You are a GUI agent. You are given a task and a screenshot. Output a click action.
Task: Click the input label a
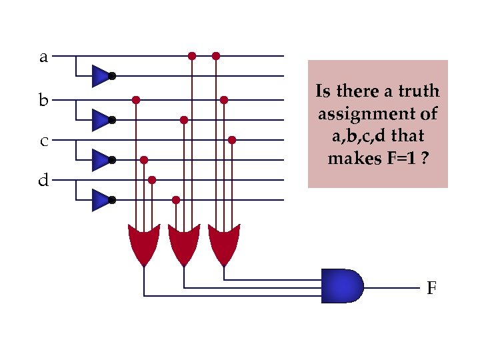[43, 57]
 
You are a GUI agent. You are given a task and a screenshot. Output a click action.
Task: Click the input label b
[43, 101]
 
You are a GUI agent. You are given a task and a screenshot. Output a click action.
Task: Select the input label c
[43, 141]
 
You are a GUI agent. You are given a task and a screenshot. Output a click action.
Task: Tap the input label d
[43, 181]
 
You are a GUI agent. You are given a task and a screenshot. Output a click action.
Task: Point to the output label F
[431, 289]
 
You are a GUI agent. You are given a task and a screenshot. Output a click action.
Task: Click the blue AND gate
[342, 286]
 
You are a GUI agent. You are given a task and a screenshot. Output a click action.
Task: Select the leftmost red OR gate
[143, 244]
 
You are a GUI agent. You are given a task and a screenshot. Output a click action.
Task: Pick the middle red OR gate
[183, 244]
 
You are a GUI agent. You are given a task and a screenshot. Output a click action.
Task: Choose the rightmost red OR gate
[223, 244]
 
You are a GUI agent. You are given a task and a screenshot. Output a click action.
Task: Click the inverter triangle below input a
[99, 76]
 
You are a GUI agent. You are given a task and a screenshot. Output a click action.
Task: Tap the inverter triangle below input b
[99, 120]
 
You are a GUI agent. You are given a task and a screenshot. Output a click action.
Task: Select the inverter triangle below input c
[99, 160]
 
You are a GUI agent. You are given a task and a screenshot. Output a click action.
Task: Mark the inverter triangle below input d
[99, 199]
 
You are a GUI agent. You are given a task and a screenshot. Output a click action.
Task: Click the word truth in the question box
[423, 91]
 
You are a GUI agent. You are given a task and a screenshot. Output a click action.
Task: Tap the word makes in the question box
[351, 159]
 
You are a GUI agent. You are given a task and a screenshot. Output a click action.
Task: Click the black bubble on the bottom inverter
[113, 200]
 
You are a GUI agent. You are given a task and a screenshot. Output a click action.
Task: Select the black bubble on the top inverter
[113, 76]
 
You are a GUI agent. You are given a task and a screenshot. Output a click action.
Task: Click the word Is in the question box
[323, 91]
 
